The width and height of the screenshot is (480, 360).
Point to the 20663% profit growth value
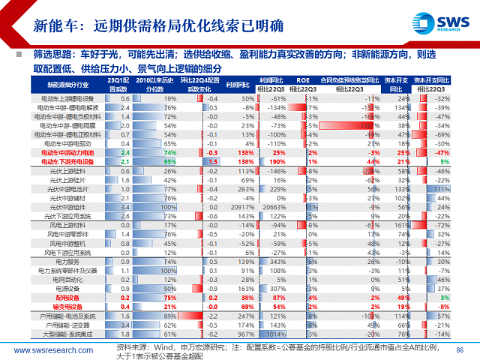coord(275,205)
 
